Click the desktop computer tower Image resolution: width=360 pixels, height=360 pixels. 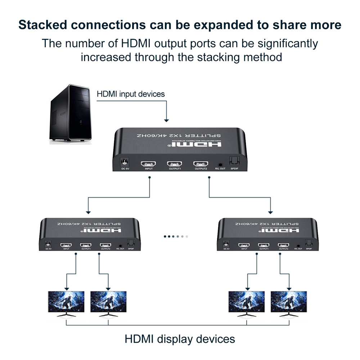71,113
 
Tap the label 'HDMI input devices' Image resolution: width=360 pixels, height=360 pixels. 131,94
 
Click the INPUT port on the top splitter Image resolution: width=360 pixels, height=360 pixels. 149,163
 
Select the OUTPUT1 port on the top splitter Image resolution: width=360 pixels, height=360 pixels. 175,163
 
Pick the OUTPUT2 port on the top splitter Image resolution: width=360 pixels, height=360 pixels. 201,163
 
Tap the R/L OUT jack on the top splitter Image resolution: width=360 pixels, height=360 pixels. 220,164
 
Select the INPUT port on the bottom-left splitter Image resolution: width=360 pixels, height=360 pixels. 66,244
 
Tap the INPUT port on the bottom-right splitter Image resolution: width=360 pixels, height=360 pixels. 244,245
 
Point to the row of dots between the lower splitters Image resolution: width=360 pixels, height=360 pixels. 176,237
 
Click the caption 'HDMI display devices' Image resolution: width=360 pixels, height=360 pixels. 180,339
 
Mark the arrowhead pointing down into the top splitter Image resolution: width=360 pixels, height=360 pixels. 166,120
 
